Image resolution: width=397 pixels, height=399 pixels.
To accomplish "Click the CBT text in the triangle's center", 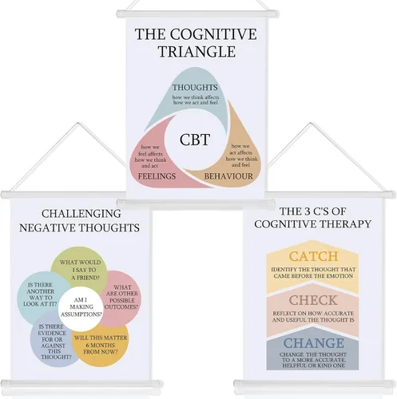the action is click(x=195, y=140).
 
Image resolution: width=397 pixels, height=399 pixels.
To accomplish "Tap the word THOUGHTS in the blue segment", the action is click(x=195, y=87).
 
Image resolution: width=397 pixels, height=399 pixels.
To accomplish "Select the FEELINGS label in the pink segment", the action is click(x=157, y=176).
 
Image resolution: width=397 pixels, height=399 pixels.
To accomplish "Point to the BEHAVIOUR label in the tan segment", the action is click(x=228, y=176).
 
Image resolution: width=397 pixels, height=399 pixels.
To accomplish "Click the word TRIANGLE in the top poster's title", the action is click(x=197, y=52).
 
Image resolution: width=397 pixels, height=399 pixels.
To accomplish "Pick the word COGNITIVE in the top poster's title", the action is click(x=213, y=34).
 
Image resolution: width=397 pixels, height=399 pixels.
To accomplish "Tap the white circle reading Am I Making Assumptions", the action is click(x=81, y=307).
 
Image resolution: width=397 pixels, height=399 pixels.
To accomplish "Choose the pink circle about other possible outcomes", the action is click(x=122, y=298).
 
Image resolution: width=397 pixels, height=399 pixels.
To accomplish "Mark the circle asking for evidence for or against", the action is click(x=52, y=342).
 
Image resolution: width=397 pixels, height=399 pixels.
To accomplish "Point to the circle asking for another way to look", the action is click(x=40, y=294).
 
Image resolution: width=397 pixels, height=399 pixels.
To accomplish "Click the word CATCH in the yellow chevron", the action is click(x=313, y=256).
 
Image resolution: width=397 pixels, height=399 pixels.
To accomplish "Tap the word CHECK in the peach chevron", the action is click(x=313, y=300).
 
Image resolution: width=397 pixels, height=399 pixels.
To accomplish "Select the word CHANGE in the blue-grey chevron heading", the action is click(x=314, y=343).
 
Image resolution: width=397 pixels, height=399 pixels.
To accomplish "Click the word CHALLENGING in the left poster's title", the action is click(x=81, y=214).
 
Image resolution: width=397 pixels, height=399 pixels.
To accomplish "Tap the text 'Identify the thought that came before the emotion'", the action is click(x=313, y=273).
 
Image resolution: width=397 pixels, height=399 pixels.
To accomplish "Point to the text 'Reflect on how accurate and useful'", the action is click(x=313, y=317).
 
